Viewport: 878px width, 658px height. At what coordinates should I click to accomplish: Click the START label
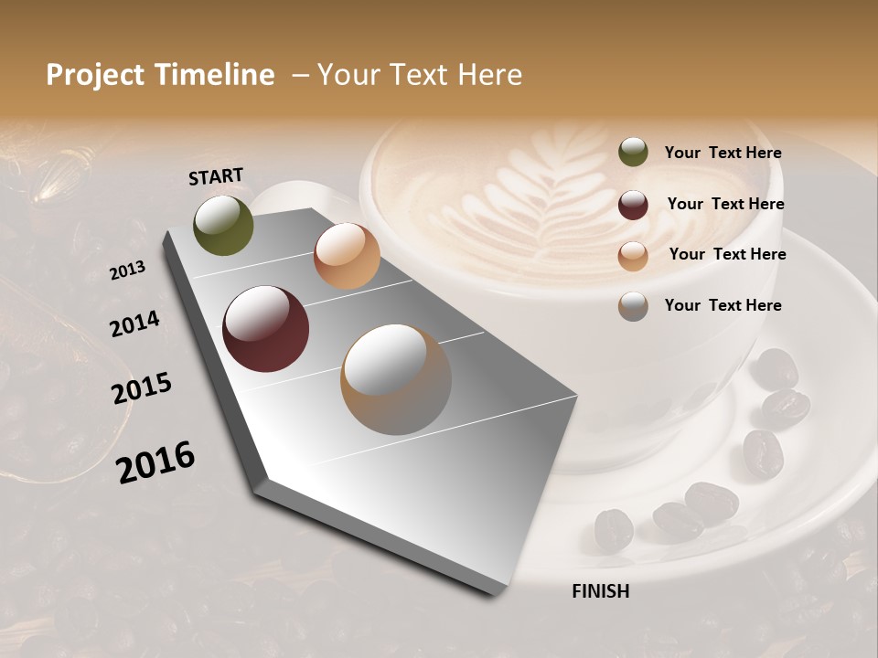tap(216, 176)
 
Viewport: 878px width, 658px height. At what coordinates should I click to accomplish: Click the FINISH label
tap(601, 591)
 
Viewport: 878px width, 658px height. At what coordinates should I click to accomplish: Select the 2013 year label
tap(127, 271)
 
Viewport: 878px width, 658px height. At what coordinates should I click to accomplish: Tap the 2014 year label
tap(134, 324)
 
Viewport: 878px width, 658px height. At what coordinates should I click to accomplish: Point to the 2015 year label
tap(142, 388)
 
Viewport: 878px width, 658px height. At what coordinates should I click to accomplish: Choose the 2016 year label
tap(155, 462)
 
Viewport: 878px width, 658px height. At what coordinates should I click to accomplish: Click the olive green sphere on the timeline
tap(223, 226)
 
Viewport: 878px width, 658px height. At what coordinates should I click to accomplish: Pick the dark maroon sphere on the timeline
tap(265, 329)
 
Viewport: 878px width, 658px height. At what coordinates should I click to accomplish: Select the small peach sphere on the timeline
tap(347, 256)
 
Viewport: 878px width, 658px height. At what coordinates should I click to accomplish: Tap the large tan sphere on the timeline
tap(396, 379)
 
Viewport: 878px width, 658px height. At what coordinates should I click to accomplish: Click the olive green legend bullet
tap(633, 153)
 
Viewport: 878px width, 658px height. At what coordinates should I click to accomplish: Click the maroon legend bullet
tap(633, 205)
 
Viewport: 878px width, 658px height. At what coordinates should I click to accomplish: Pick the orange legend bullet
tap(633, 256)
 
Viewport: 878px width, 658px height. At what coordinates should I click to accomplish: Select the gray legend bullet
tap(633, 306)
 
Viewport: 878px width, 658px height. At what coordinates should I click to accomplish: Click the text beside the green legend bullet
tap(723, 154)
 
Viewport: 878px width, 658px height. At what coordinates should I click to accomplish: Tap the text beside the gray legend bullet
tap(723, 305)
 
